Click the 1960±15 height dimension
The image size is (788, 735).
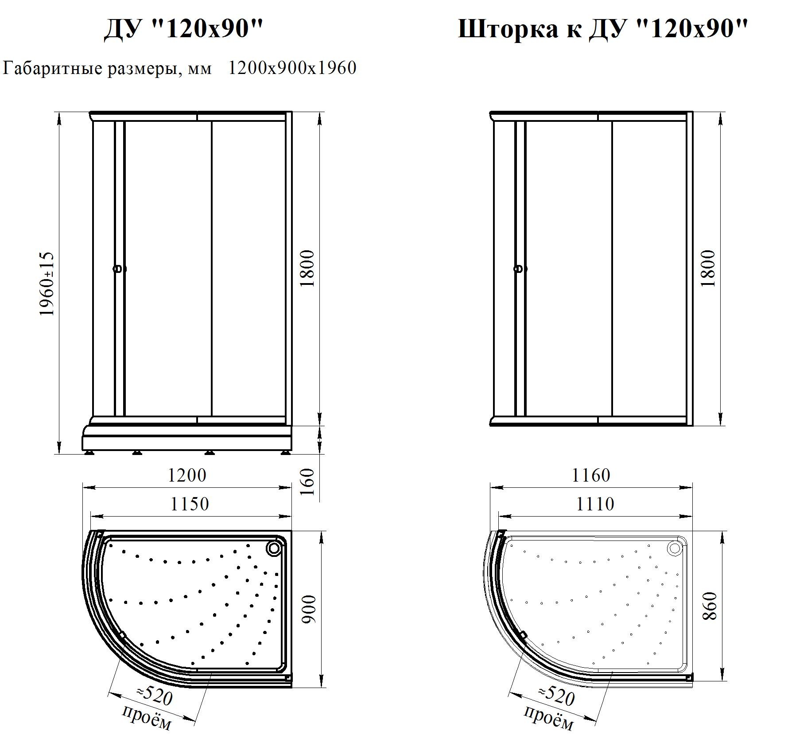pos(47,284)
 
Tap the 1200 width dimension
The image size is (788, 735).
pos(186,475)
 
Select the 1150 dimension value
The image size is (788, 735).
pos(190,504)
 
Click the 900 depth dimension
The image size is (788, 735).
pos(309,609)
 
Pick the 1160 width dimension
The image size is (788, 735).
pos(591,475)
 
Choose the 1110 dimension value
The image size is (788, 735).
pos(595,504)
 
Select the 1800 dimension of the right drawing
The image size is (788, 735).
pos(709,268)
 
